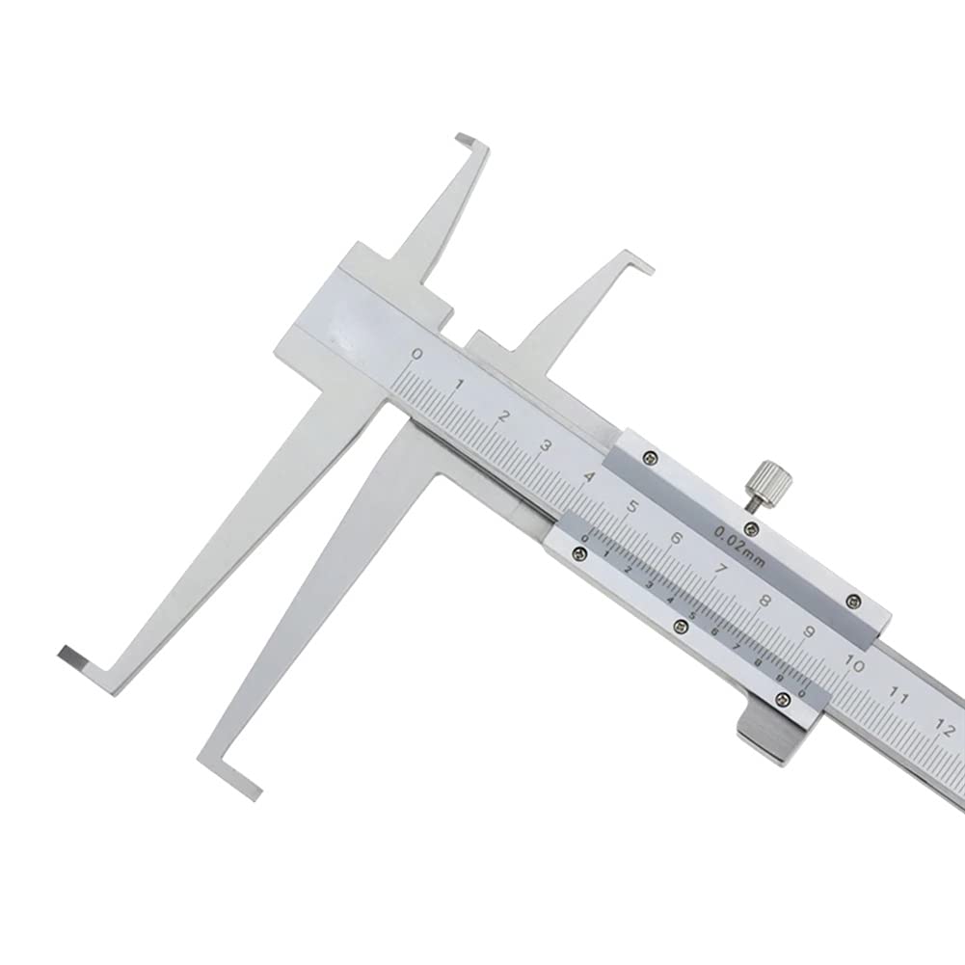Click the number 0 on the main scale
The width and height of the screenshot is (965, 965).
(416, 355)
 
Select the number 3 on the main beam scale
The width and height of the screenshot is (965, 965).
(547, 445)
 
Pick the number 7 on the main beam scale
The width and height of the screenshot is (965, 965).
(721, 568)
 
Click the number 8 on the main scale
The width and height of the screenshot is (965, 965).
(765, 600)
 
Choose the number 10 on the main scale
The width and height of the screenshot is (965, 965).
(854, 662)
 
